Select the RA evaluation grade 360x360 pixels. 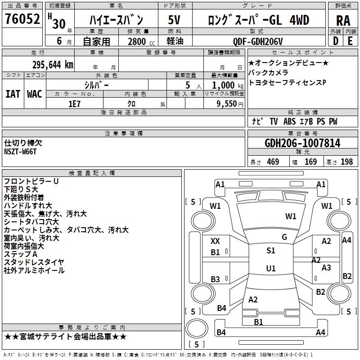(x=343, y=21)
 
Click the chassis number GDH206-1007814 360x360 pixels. (x=302, y=144)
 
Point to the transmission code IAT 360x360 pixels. (x=13, y=94)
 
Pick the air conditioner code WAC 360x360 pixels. (x=35, y=94)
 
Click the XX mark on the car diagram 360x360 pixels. (x=215, y=241)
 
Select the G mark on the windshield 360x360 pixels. (x=284, y=237)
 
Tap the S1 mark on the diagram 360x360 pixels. (x=270, y=251)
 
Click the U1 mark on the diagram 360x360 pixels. (x=270, y=268)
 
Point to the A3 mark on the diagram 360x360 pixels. (x=326, y=268)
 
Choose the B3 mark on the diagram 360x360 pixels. (x=215, y=279)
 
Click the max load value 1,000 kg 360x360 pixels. (x=223, y=85)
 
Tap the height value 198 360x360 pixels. (x=346, y=162)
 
